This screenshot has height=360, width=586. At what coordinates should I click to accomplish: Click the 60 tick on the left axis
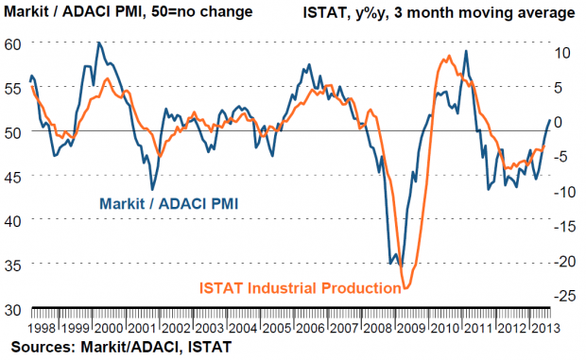coord(12,44)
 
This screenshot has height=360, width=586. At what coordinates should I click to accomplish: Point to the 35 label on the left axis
coord(12,266)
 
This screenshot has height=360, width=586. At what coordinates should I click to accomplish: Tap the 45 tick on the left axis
coord(12,177)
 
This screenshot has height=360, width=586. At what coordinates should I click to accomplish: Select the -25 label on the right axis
coord(564,296)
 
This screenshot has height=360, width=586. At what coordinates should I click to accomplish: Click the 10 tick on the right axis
coord(562,53)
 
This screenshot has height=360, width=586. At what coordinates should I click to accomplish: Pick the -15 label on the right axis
coord(564,227)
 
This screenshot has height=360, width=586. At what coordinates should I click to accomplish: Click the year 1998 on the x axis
coord(42,328)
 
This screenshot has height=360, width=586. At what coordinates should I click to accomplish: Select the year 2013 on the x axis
coord(545,328)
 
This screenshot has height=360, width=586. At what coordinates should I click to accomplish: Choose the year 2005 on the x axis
coord(277,328)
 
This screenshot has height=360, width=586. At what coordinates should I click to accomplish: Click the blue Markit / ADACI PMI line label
coord(168,204)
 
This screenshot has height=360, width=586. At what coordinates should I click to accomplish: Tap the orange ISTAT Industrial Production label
coord(301,288)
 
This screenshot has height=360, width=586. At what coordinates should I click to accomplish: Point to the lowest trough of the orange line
coord(406,288)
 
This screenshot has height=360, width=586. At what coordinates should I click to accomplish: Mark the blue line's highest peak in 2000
coord(98,43)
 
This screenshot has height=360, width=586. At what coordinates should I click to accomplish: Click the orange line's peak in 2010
coord(448,56)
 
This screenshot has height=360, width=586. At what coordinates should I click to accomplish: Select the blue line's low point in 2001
coord(152,189)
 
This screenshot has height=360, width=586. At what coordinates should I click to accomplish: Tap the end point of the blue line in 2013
coord(550,120)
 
